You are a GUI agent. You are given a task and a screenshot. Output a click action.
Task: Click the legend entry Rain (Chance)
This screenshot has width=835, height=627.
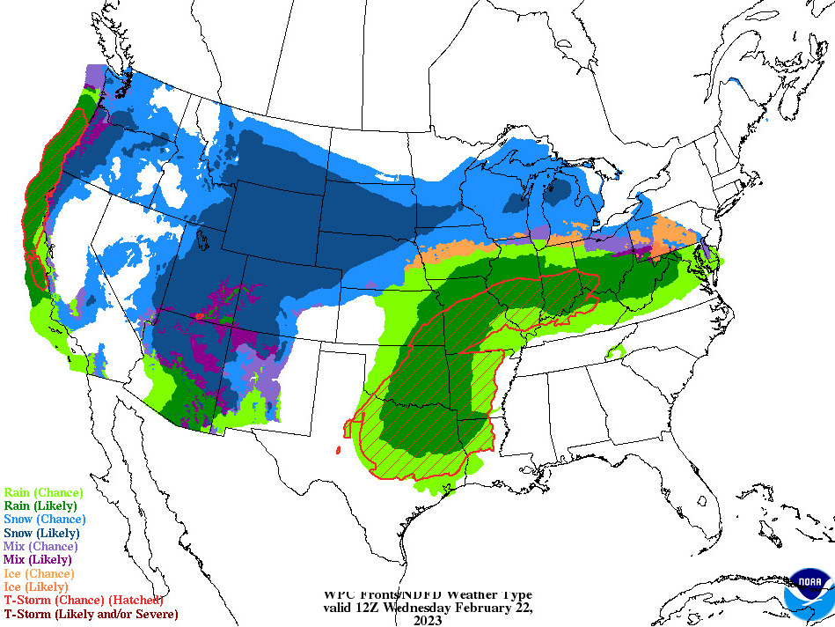pyautogui.click(x=43, y=492)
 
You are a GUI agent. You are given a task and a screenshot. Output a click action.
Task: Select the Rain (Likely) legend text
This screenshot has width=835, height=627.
pyautogui.click(x=40, y=505)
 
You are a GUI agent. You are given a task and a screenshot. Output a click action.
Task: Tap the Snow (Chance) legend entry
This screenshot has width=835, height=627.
pyautogui.click(x=45, y=519)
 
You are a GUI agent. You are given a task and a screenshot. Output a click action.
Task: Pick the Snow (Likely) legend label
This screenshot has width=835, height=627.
pyautogui.click(x=42, y=532)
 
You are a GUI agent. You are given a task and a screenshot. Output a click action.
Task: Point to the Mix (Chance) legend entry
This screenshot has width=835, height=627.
pyautogui.click(x=40, y=546)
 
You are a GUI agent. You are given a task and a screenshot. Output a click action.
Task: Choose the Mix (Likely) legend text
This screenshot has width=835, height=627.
pyautogui.click(x=38, y=559)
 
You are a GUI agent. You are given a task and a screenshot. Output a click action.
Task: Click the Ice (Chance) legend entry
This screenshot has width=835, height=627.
pyautogui.click(x=40, y=572)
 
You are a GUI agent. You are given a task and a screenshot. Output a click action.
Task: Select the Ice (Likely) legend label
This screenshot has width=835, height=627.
pyautogui.click(x=37, y=586)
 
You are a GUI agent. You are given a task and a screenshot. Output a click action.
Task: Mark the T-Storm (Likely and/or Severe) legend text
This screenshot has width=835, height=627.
pyautogui.click(x=91, y=613)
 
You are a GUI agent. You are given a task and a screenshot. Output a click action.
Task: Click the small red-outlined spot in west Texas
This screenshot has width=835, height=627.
pyautogui.click(x=338, y=450)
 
